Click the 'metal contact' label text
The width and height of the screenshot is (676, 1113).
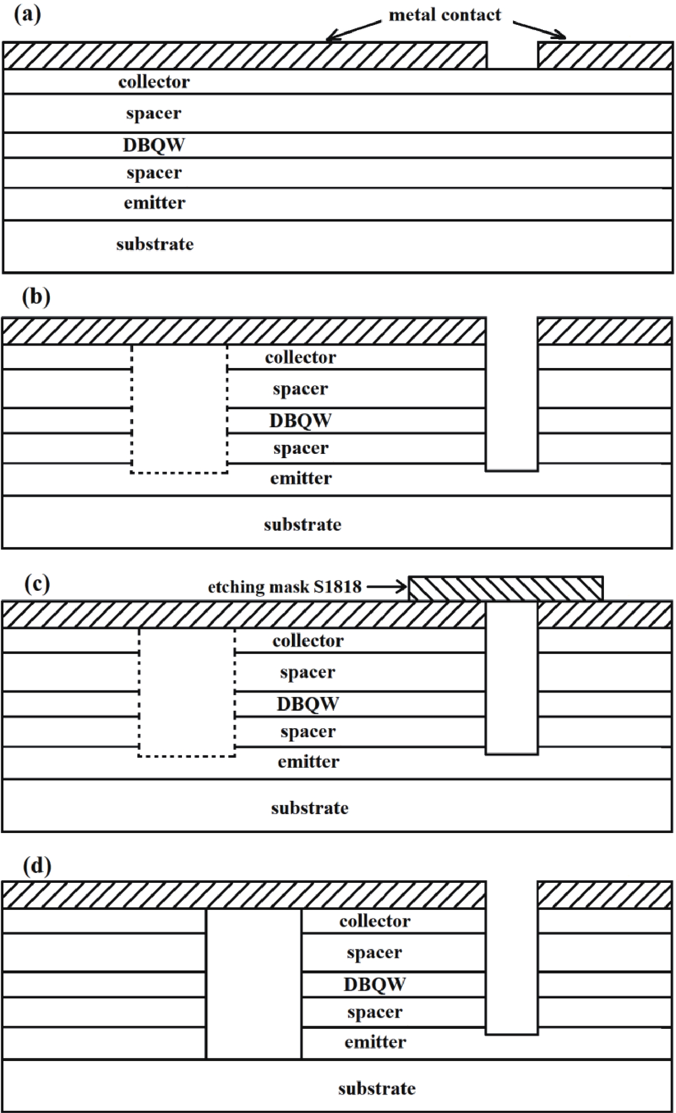coord(444,15)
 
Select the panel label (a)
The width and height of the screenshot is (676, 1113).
coord(27,15)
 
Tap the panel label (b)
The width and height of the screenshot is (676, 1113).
coord(36,297)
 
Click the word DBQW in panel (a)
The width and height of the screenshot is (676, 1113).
coord(154,145)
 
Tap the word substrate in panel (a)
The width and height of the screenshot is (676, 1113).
coord(155,244)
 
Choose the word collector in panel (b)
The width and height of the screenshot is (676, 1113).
coord(300,357)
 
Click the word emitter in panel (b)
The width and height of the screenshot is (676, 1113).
coord(301,478)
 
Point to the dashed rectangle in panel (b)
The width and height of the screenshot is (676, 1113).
coord(179,409)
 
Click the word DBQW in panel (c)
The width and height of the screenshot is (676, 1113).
coord(307,704)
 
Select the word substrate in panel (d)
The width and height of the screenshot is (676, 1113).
coord(376,1088)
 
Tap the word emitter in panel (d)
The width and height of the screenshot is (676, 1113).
coord(375,1042)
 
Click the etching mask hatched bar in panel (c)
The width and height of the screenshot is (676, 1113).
coord(505,588)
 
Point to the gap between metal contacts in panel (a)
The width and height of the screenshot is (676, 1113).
coord(512,55)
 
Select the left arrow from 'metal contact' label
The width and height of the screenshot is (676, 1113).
coord(353,30)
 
